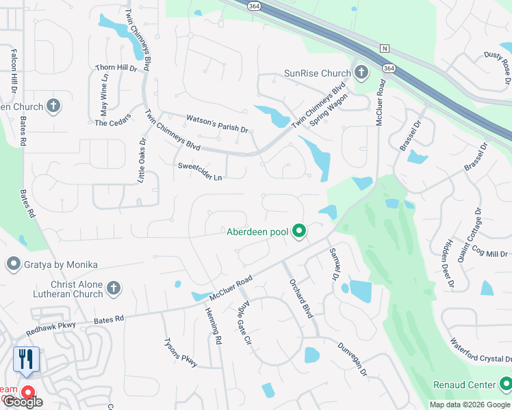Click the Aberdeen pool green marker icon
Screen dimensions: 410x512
[298, 232]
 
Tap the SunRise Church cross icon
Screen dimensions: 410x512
[361, 73]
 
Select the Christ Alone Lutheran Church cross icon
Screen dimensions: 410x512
[114, 288]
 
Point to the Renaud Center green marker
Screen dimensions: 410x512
[505, 385]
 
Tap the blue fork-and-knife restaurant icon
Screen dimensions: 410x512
[26, 359]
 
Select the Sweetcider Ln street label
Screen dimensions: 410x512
[200, 172]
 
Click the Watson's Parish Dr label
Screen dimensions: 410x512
[217, 124]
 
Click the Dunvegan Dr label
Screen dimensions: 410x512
[353, 359]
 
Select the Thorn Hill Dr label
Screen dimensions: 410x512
[116, 68]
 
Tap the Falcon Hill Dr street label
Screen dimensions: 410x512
[13, 70]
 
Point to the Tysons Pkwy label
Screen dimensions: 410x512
[181, 353]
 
